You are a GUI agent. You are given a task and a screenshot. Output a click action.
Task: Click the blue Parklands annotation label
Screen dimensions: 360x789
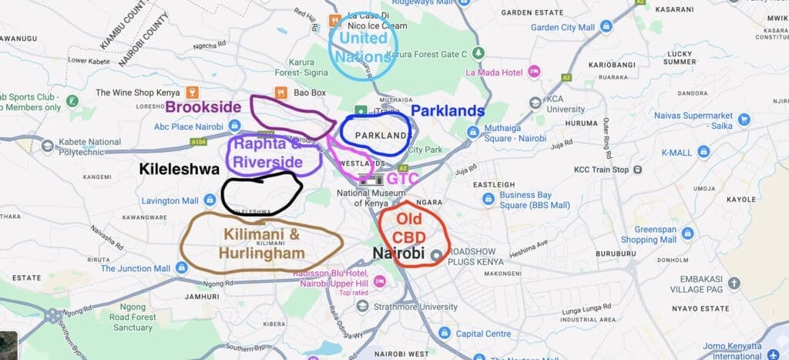(x=448, y=111)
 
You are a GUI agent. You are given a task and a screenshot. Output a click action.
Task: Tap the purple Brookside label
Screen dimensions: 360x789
(x=203, y=107)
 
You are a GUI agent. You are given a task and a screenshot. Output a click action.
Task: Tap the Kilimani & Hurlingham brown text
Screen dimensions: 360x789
(x=261, y=243)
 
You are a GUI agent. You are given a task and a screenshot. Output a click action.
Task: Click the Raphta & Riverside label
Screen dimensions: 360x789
(x=268, y=153)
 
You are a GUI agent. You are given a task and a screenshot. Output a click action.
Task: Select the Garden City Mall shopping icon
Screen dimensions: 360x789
(x=606, y=27)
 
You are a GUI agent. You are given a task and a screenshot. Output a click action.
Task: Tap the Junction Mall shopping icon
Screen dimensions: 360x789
(x=182, y=267)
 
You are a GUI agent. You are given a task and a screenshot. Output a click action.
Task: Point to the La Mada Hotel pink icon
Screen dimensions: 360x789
(x=533, y=72)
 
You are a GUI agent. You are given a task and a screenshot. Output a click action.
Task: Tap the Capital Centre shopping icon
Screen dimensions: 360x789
(x=444, y=333)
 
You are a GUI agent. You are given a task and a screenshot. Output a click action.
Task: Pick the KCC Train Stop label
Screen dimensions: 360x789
(x=602, y=170)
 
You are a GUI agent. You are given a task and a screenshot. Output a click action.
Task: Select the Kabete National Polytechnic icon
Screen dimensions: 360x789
(x=48, y=145)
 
